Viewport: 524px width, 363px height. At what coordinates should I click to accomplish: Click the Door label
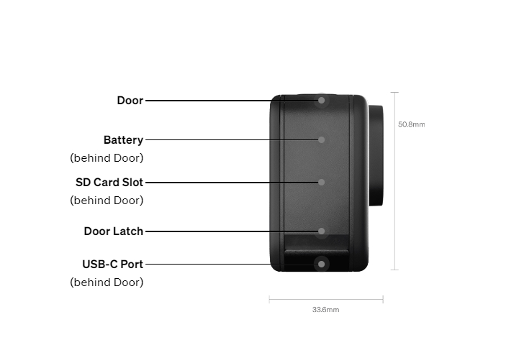coord(130,101)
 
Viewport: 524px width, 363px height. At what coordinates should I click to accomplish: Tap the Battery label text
coord(123,139)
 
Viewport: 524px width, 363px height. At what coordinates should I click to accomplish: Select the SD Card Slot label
coord(109,182)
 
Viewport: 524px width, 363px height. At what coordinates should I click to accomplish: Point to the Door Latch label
coord(113,231)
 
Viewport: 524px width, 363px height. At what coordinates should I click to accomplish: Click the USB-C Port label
coord(112,265)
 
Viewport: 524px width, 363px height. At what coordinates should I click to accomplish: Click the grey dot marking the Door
coord(322,101)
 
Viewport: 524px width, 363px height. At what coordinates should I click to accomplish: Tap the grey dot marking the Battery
coord(322,139)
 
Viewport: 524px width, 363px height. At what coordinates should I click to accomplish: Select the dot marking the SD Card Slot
coord(322,182)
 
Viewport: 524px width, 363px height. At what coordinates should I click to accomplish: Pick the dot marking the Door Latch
coord(322,231)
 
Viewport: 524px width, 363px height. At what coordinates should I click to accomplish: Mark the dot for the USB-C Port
coord(322,265)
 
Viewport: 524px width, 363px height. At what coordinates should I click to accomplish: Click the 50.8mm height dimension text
coord(412,124)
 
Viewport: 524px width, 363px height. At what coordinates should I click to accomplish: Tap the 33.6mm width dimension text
coord(326,310)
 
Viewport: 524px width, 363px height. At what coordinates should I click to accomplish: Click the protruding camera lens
coord(376,155)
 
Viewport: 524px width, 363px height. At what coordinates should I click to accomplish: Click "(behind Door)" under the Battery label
coord(107,158)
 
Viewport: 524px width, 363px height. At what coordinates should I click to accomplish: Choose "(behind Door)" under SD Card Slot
coord(107,200)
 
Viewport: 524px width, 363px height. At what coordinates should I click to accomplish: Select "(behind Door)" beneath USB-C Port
coord(107,282)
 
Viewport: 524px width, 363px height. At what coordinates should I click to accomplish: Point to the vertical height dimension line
coord(394,181)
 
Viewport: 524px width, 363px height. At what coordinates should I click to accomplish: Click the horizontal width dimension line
coord(326,299)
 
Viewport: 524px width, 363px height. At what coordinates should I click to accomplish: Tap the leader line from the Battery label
coord(232,139)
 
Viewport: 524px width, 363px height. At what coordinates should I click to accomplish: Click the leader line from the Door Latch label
coord(232,231)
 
